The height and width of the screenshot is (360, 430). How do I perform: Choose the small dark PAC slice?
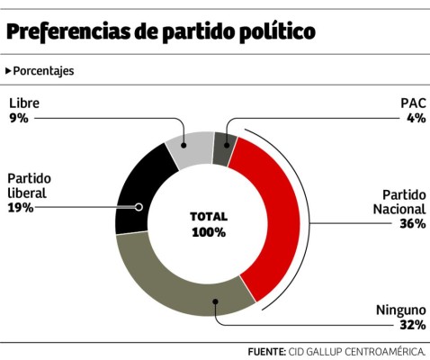(x=223, y=147)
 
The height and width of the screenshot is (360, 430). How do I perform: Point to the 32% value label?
(x=413, y=325)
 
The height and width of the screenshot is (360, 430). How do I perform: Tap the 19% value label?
(x=20, y=207)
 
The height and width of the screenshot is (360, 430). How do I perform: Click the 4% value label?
(x=415, y=117)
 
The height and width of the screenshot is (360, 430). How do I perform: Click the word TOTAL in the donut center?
(x=208, y=217)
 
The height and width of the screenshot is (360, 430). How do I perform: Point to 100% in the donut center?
(x=208, y=232)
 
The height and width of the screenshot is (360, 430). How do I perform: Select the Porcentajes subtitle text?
(x=44, y=70)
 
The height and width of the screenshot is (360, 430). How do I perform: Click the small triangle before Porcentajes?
(x=8, y=70)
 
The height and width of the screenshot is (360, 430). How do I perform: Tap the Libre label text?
(x=23, y=103)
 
